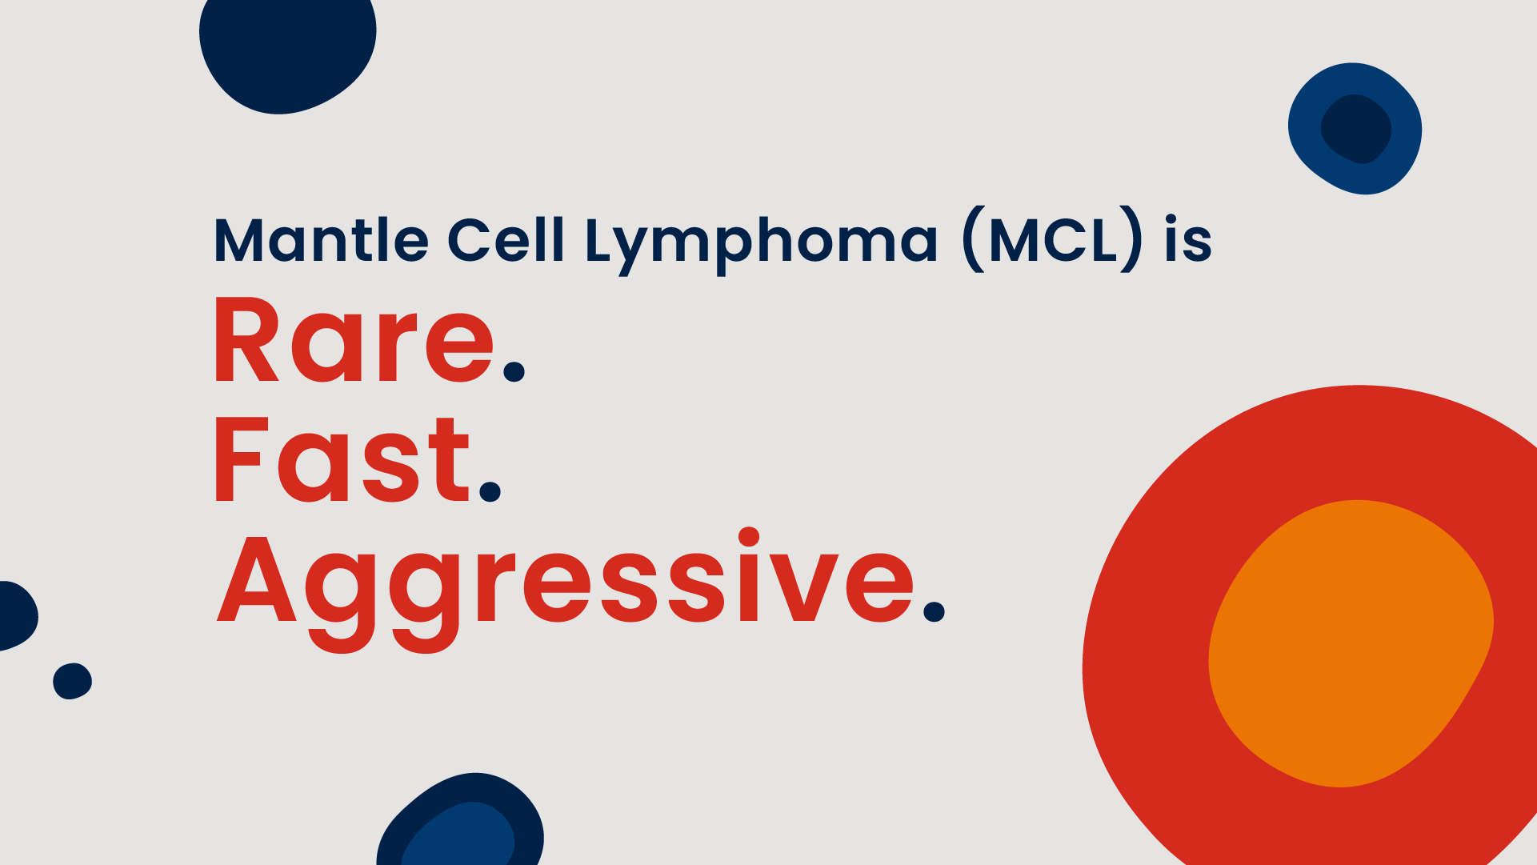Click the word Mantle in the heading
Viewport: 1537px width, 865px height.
pos(321,240)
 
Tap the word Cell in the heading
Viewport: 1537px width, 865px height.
pos(505,240)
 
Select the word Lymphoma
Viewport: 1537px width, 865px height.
pos(761,242)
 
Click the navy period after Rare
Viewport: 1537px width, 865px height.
pos(514,372)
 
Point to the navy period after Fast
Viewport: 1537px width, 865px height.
pos(490,491)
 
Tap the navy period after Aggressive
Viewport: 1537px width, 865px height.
pos(934,612)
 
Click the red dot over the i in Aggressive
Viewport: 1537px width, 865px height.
pos(749,537)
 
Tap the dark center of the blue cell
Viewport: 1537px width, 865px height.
pos(1355,128)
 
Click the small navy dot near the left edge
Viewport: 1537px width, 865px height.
pos(72,681)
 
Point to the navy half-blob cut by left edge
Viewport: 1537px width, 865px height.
pos(16,615)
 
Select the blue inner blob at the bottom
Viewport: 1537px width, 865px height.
pos(460,836)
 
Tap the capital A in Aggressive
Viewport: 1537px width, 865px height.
pos(256,580)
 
